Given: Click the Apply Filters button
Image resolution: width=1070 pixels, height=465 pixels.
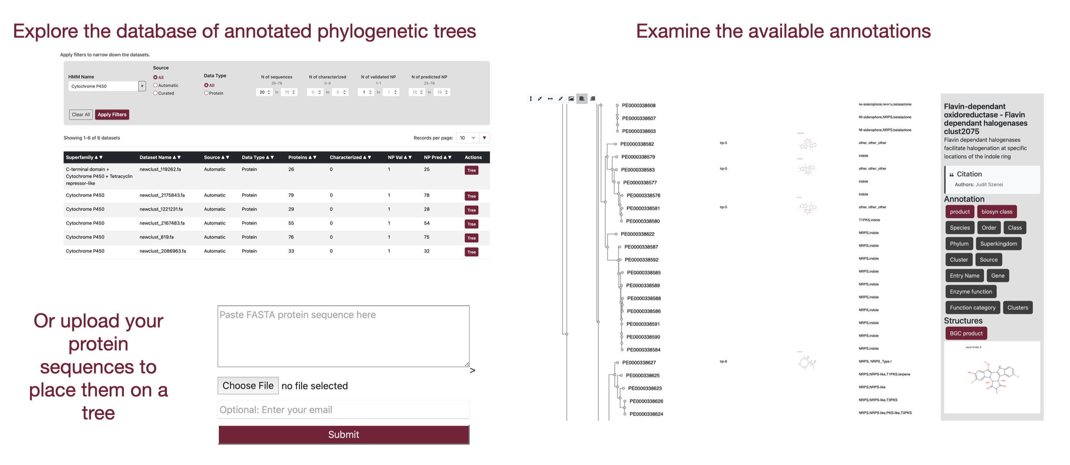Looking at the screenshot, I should (112, 115).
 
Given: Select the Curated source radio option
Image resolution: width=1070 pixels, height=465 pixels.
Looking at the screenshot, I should (155, 93).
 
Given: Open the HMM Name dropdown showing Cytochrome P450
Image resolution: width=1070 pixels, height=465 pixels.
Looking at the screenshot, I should (142, 86).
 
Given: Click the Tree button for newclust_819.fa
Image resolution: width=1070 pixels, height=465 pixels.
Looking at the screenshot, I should (471, 238).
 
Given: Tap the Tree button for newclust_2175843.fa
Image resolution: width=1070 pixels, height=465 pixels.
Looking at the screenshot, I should (471, 196).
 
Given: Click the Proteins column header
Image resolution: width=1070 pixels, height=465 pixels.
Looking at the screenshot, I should (302, 157).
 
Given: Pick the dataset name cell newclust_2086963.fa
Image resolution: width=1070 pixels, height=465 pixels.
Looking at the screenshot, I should (162, 251).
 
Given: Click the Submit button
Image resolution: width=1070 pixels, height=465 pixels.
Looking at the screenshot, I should (343, 434).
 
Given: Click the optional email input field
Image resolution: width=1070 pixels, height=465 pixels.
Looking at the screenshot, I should (343, 410).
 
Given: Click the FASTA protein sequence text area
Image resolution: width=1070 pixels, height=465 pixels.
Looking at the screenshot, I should (343, 336).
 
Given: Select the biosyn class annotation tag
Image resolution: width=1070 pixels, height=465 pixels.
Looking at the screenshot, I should (997, 212).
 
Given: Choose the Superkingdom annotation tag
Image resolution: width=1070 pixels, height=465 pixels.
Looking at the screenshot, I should (998, 244).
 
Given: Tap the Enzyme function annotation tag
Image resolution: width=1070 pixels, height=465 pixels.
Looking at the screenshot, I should (970, 292).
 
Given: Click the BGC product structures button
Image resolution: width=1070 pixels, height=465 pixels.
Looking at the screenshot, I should (966, 334).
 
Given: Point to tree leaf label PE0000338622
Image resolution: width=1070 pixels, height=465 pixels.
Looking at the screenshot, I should (637, 234).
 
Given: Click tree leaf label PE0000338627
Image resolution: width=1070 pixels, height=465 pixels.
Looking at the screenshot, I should (639, 363).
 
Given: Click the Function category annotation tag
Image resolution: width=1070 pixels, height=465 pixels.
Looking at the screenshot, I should (972, 308).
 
